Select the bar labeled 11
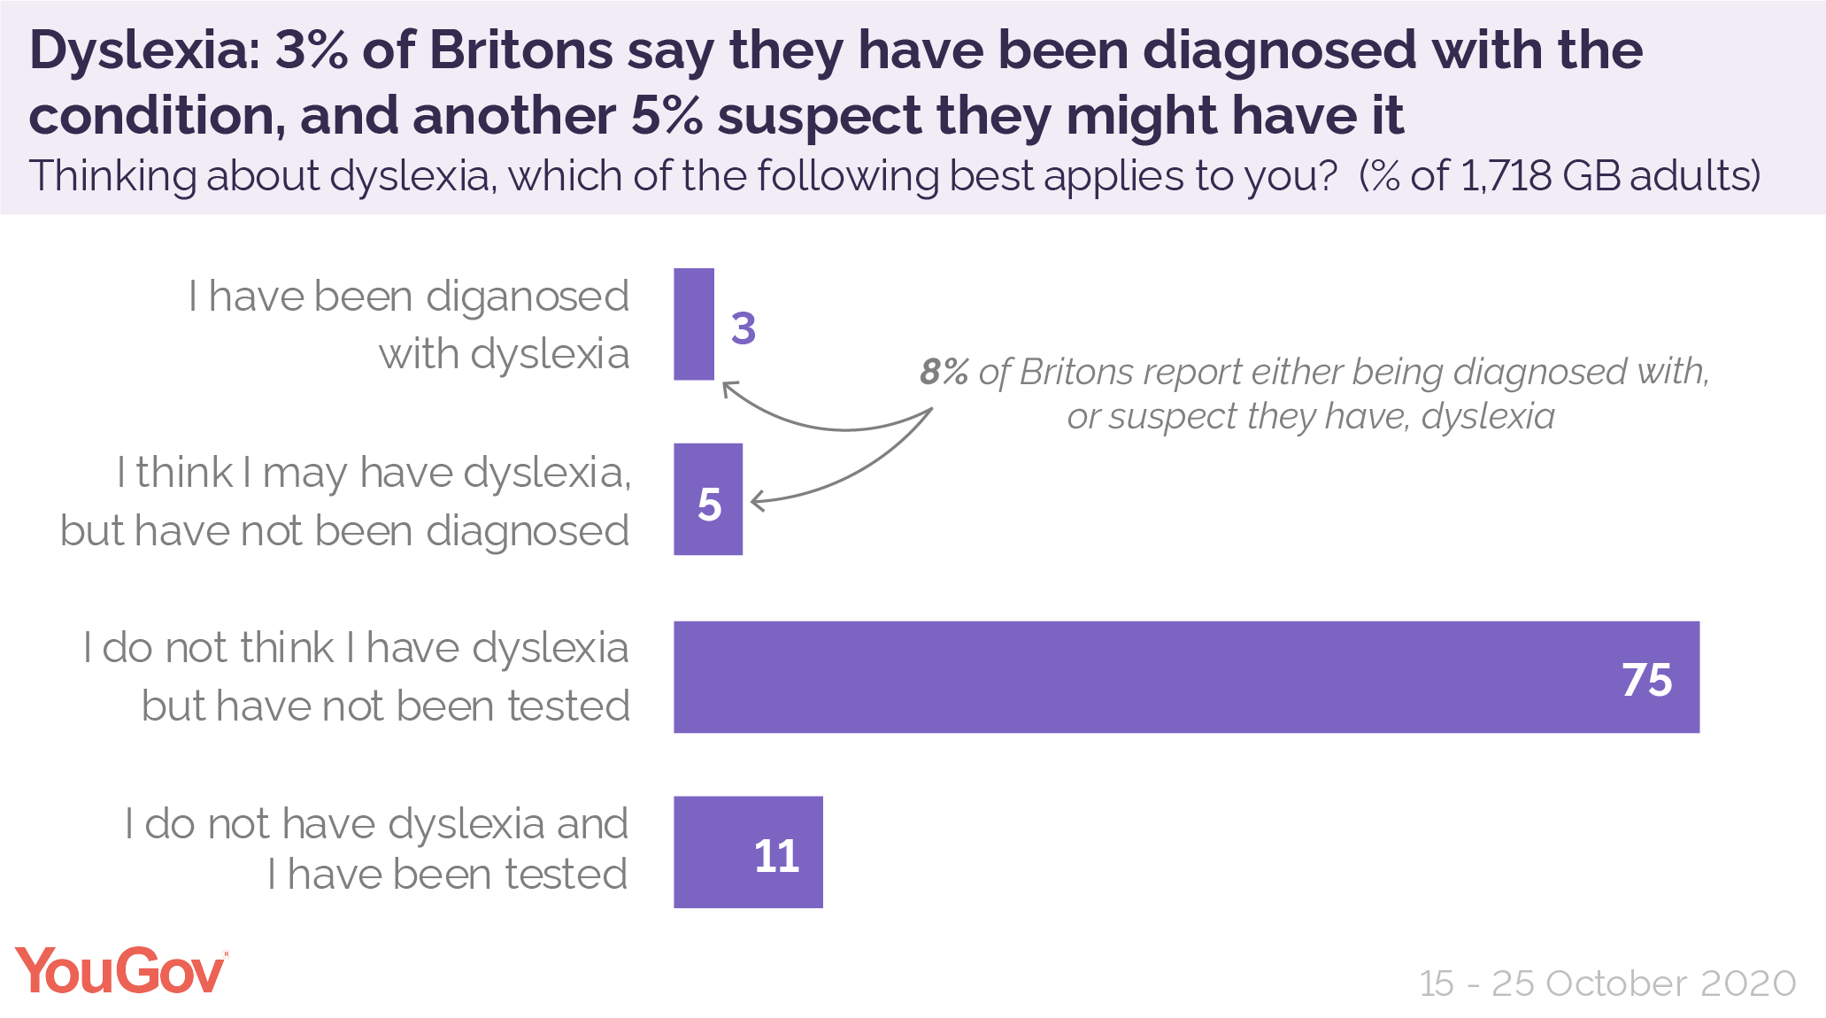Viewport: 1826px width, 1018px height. coord(748,852)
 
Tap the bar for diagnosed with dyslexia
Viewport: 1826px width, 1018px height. coord(694,324)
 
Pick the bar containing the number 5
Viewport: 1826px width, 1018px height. coord(708,499)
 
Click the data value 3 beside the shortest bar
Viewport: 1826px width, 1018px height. coord(743,328)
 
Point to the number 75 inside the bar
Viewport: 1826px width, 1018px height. coord(1646,680)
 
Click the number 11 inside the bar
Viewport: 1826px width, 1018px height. coord(776,856)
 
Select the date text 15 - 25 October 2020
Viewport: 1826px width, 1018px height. coord(1607,983)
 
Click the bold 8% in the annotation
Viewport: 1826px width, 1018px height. coord(944,372)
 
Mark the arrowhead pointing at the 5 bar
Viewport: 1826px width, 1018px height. coord(757,502)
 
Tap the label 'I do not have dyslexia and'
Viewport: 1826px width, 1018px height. coord(376,824)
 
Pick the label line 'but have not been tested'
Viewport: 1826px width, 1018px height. coord(385,706)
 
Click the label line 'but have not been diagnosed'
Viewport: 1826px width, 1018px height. coord(344,531)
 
